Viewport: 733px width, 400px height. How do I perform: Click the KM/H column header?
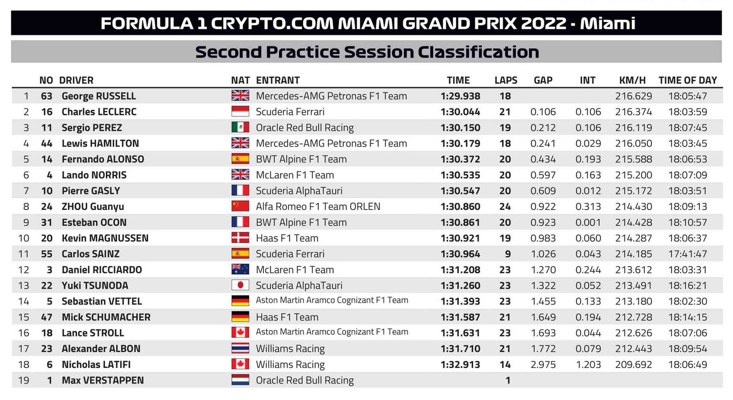(632, 80)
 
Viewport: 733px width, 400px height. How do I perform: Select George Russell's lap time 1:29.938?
(460, 96)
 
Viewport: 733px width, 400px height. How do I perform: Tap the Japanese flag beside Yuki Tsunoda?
(240, 285)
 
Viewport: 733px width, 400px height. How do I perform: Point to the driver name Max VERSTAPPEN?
(103, 380)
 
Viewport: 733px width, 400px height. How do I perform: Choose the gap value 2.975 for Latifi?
(543, 364)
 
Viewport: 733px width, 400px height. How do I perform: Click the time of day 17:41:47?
(688, 254)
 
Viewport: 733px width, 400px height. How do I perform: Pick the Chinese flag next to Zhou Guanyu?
(240, 206)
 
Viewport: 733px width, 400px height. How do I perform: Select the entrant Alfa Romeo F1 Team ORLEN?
(318, 206)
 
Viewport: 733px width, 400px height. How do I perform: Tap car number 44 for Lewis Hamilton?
(47, 143)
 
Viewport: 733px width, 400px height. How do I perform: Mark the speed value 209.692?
(634, 364)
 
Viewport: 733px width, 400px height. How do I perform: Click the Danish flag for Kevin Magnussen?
(240, 238)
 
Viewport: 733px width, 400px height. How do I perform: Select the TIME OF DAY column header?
(688, 80)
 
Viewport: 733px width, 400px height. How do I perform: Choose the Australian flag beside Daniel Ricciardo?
(240, 269)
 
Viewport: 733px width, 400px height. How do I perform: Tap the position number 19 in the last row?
(24, 380)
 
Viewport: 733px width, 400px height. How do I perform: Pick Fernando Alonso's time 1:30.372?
(460, 159)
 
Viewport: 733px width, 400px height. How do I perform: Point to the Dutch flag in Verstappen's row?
(240, 380)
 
